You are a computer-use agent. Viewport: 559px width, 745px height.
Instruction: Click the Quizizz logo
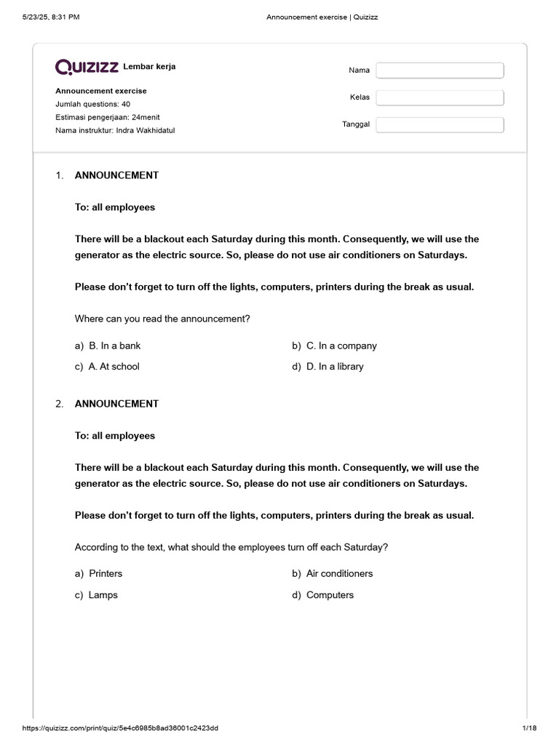pos(87,67)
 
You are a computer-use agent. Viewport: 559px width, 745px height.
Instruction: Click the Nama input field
pos(440,71)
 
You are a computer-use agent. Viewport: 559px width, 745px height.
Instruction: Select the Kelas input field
pos(440,97)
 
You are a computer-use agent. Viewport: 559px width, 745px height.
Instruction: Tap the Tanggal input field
pos(440,124)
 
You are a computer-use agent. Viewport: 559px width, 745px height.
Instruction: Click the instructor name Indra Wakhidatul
pos(146,130)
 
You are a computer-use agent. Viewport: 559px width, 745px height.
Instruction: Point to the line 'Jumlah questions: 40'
pos(92,104)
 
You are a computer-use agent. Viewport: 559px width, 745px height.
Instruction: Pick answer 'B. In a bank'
pos(114,346)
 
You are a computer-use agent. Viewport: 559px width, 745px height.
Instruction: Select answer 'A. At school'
pos(114,367)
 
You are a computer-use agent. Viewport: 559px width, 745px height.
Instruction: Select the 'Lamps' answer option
pos(103,595)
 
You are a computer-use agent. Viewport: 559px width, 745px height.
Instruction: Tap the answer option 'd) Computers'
pos(330,595)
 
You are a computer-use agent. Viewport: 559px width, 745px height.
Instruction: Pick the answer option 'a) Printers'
pos(106,573)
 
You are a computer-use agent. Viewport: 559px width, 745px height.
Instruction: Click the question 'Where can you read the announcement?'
pos(162,319)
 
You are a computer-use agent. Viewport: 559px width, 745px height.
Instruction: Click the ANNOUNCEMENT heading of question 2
pos(116,404)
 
